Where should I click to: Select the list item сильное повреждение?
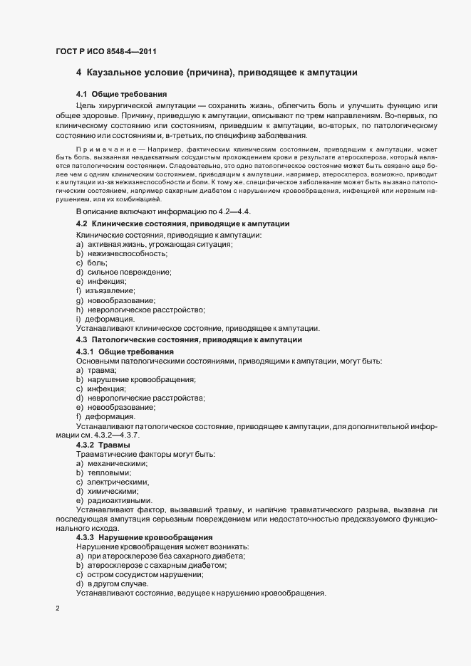(128, 272)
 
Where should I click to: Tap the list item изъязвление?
(110, 291)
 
